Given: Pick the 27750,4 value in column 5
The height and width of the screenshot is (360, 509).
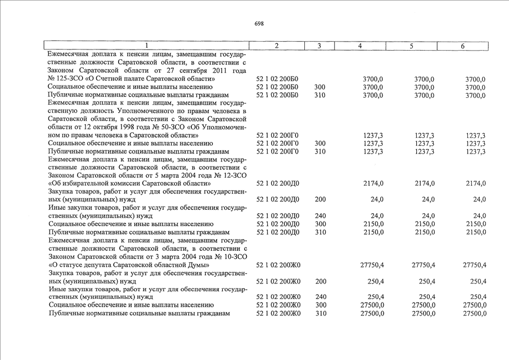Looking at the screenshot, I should click(422, 265).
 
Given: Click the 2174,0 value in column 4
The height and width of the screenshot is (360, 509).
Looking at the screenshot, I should click(373, 183).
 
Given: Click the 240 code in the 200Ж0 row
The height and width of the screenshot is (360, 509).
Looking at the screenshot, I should click(320, 297).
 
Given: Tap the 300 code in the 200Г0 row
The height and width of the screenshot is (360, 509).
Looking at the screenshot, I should click(320, 143).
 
